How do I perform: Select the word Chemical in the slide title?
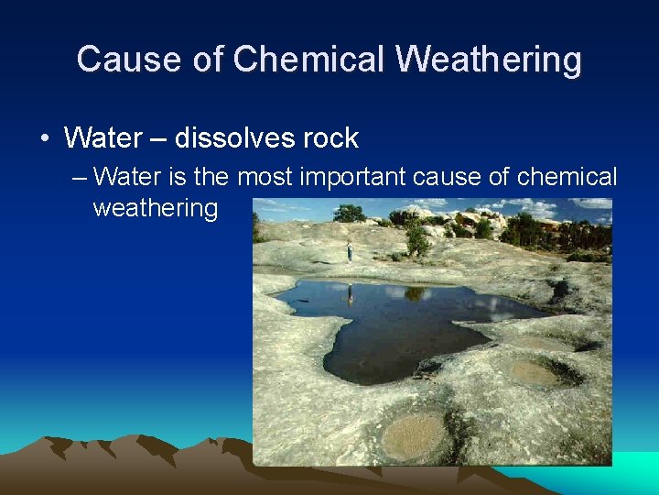tap(309, 60)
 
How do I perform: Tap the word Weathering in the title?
tap(489, 60)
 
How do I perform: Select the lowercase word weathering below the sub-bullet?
tap(155, 209)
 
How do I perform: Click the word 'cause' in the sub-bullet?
tap(447, 176)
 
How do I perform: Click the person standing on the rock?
tap(349, 250)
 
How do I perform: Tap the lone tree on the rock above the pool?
tap(416, 240)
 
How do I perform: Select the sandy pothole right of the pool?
tap(535, 372)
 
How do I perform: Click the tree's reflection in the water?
tap(416, 294)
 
